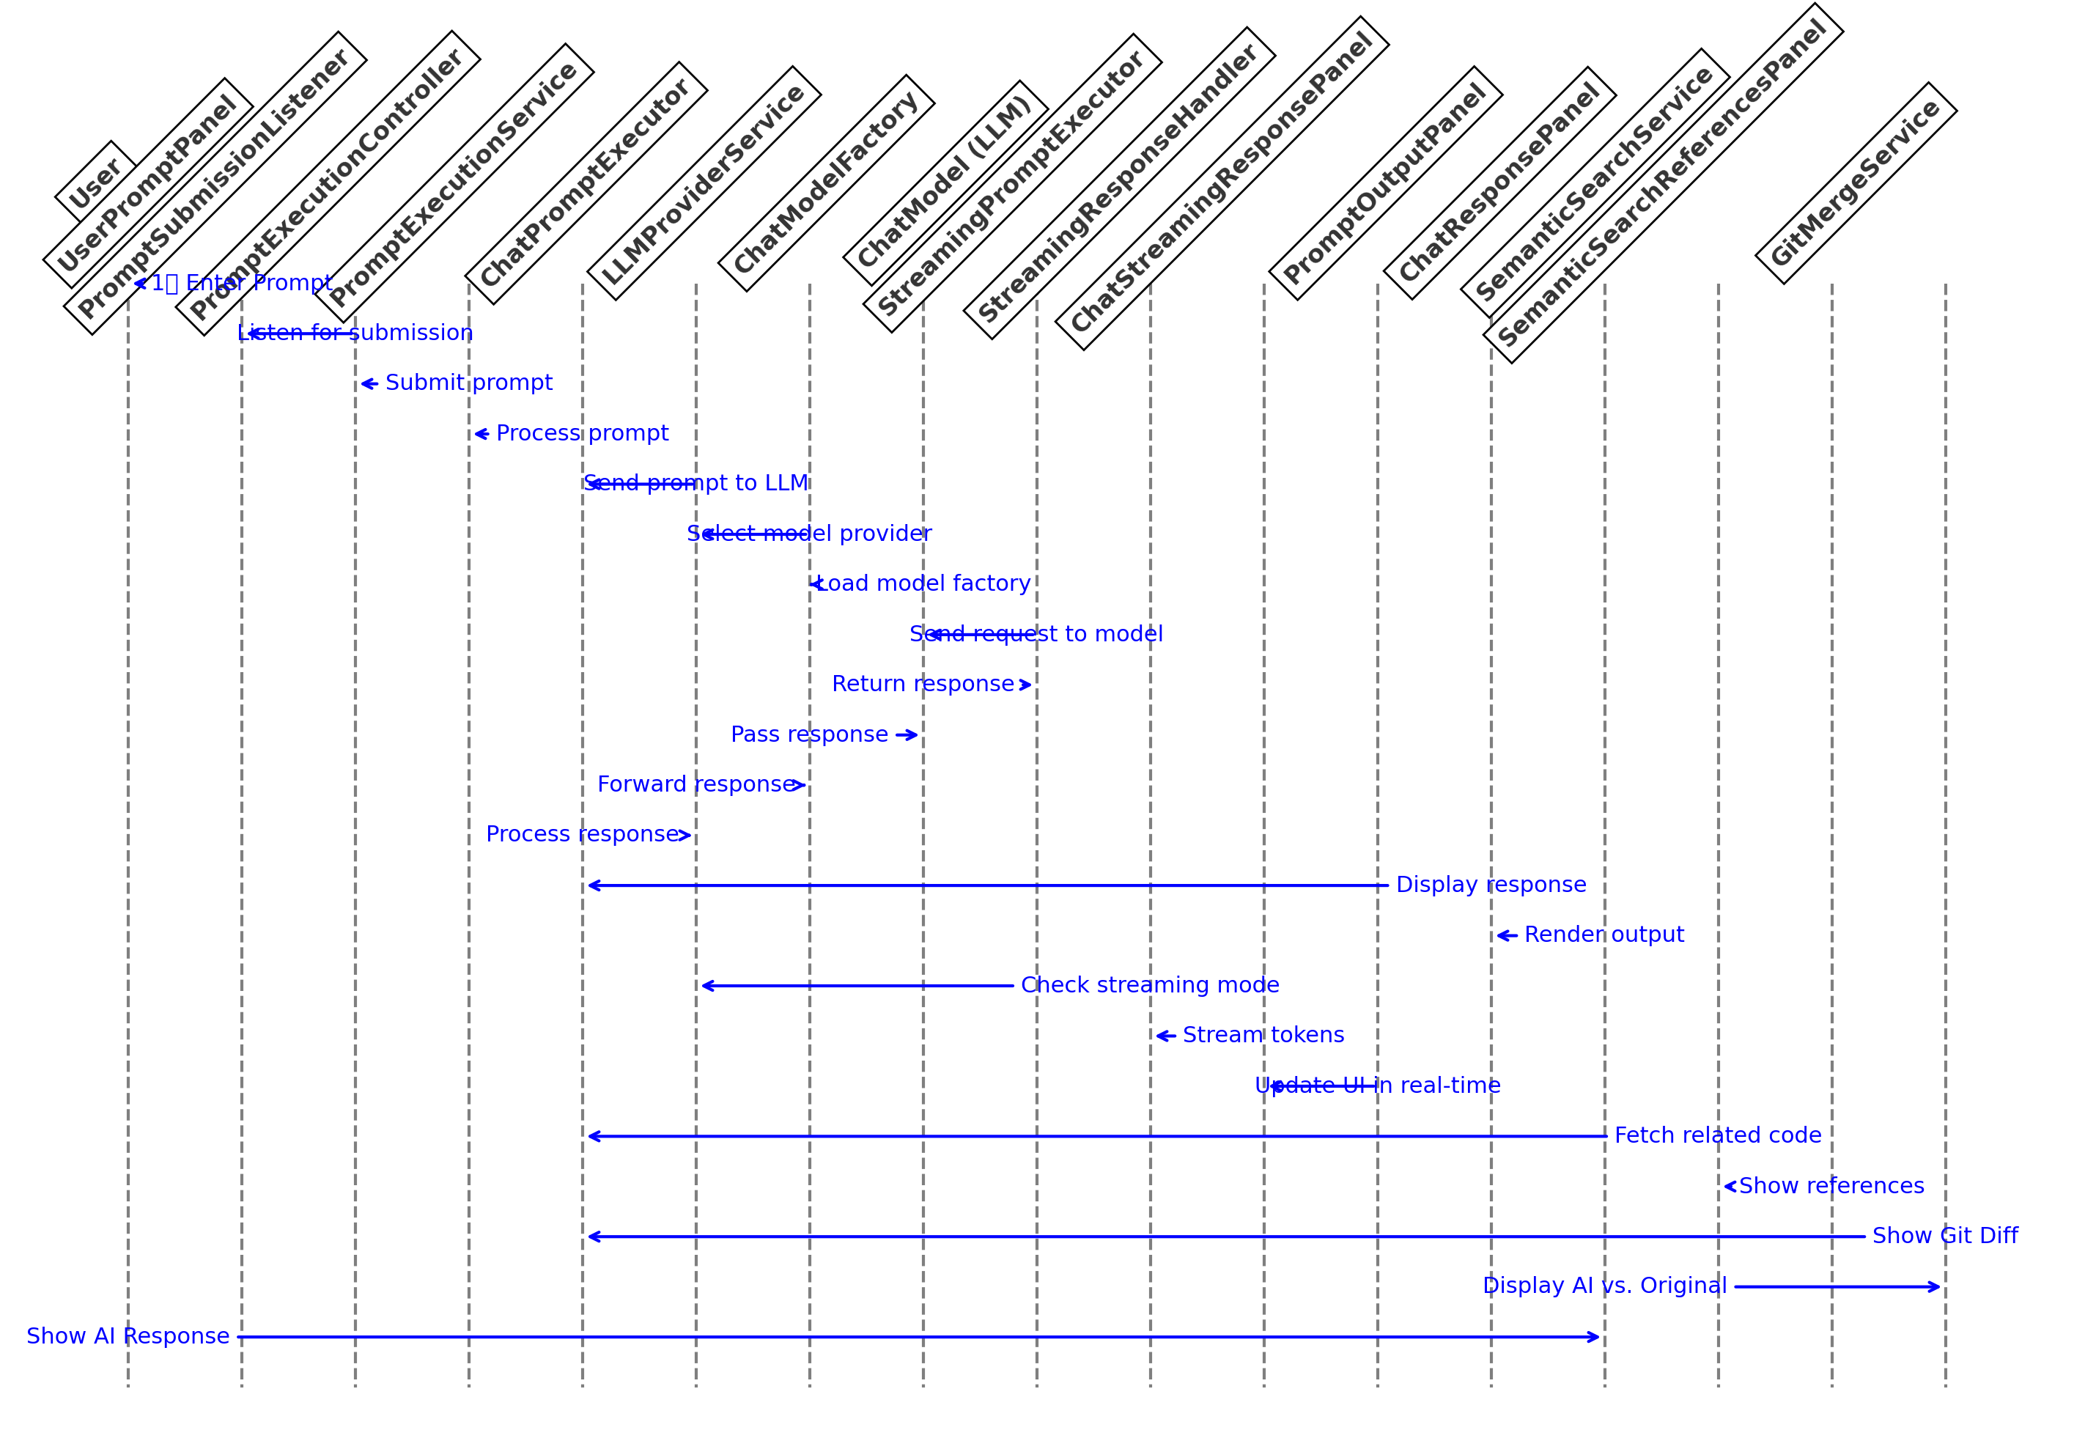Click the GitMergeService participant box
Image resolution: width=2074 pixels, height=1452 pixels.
1856,183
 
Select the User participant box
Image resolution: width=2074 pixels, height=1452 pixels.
96,182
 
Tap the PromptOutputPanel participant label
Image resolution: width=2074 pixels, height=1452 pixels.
1385,183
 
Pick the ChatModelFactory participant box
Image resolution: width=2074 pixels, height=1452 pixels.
826,183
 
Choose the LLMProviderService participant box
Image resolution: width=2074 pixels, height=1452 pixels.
704,183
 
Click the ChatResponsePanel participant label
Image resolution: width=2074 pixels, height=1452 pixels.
1499,183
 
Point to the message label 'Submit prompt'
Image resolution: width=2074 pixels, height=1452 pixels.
469,383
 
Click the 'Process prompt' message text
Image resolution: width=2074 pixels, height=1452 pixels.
583,434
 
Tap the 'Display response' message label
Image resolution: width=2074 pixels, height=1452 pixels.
1491,885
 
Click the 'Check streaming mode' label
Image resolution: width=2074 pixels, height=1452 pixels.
1150,985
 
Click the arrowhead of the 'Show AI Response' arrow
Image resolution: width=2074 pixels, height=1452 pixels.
1597,1336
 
